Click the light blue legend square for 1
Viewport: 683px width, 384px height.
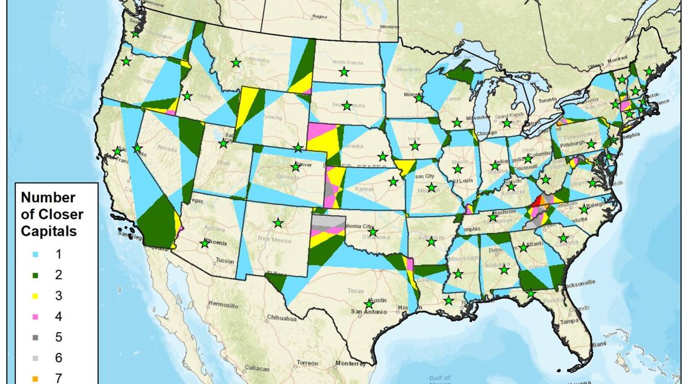[34, 255]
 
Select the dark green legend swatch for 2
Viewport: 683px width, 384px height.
[34, 276]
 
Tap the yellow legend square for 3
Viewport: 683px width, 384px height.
[34, 296]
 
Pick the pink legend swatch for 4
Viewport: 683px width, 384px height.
[34, 317]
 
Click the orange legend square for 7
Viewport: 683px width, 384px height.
[34, 379]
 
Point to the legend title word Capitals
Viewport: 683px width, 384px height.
[49, 231]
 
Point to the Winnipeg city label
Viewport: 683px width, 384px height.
[388, 27]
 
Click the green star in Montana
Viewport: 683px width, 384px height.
[235, 62]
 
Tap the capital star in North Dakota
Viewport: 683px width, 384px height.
[344, 72]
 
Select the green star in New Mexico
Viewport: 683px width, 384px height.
[278, 223]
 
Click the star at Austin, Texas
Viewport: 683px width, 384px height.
[368, 304]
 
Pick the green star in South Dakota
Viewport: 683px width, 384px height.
[346, 106]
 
